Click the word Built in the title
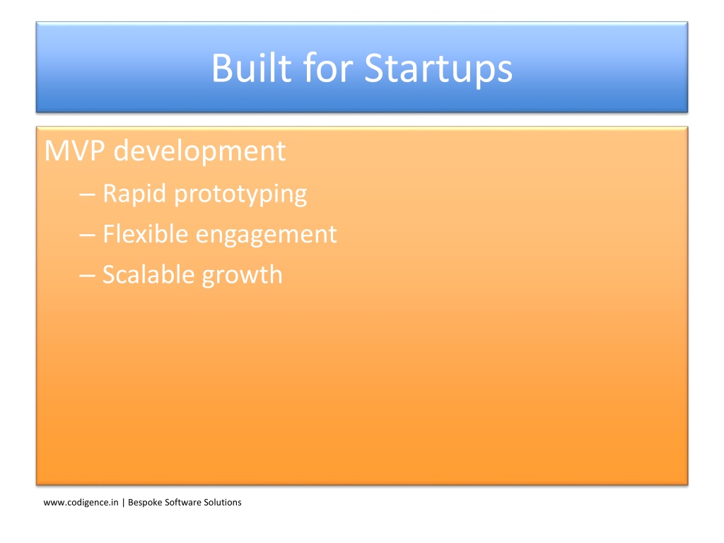click(x=252, y=68)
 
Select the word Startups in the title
click(x=438, y=69)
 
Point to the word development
click(x=199, y=151)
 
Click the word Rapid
click(x=134, y=194)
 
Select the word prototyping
click(x=240, y=195)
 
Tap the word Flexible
click(x=145, y=233)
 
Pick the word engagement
click(x=267, y=235)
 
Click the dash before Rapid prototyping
click(x=87, y=195)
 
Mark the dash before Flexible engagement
click(x=87, y=235)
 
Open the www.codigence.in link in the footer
click(x=81, y=503)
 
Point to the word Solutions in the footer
click(x=223, y=503)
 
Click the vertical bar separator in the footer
click(x=123, y=503)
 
